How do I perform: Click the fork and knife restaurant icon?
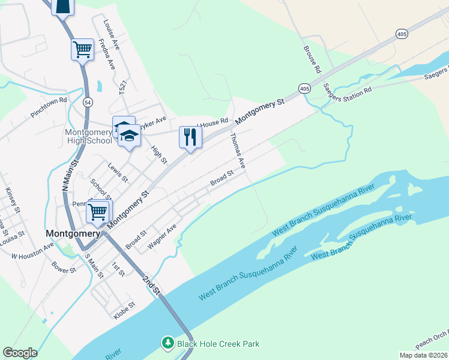tap(190, 137)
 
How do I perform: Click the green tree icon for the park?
tap(169, 343)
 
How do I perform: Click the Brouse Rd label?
tap(313, 59)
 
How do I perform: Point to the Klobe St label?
tap(124, 309)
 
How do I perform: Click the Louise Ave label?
tap(112, 35)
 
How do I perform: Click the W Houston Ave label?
tap(32, 251)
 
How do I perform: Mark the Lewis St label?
tap(118, 172)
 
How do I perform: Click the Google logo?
tap(20, 353)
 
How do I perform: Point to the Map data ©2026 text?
tap(423, 355)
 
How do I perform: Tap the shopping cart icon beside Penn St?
tap(98, 212)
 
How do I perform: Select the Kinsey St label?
tap(13, 200)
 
